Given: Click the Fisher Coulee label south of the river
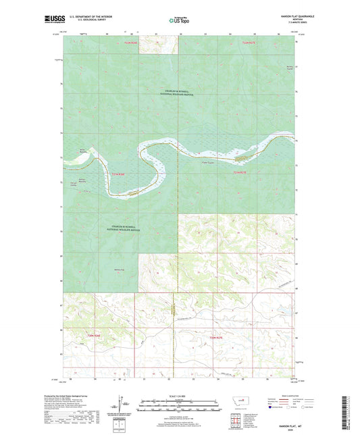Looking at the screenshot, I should click(208, 161).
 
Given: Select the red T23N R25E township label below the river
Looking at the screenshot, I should click(241, 173).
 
